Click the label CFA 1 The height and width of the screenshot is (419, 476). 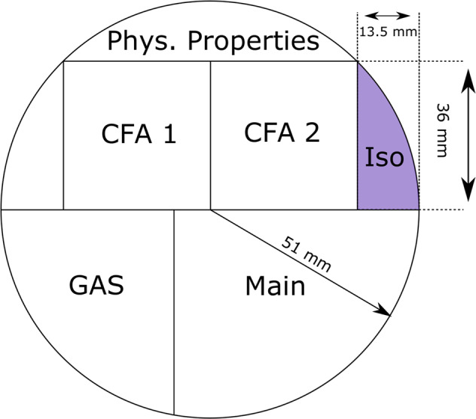139,135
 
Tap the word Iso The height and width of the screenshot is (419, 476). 385,158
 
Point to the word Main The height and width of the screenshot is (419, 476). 275,286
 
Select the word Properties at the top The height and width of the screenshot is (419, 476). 255,42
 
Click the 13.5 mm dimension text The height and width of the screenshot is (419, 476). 388,33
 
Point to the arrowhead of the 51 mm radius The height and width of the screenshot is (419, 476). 386,312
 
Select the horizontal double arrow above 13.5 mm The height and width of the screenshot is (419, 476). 387,15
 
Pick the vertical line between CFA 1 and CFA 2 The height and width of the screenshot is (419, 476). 210,136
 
